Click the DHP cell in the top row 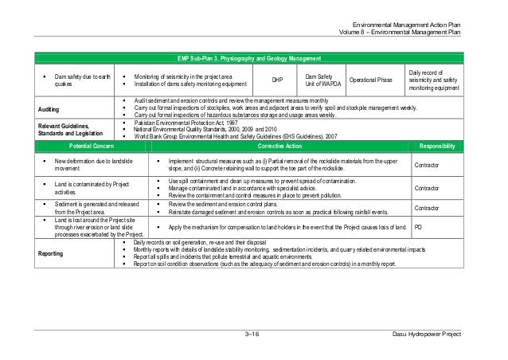pyautogui.click(x=277, y=80)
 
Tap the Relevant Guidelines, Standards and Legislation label pyautogui.click(x=58, y=129)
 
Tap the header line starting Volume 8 pyautogui.click(x=407, y=33)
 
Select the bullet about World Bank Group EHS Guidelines pyautogui.click(x=235, y=136)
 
